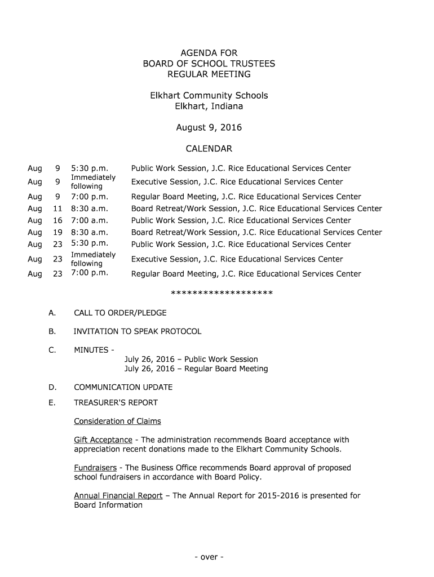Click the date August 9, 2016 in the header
[x=209, y=127]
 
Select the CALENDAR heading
[x=209, y=149]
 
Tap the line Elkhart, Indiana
[x=209, y=106]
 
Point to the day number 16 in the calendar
[x=57, y=220]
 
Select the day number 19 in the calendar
[x=57, y=232]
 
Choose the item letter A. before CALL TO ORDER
[x=52, y=313]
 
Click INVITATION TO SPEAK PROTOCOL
[x=137, y=331]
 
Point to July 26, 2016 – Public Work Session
[x=191, y=359]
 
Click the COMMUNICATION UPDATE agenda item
[x=123, y=387]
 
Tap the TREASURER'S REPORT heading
[x=116, y=402]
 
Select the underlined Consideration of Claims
[x=117, y=421]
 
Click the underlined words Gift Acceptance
[x=103, y=440]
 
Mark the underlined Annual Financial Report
[x=118, y=496]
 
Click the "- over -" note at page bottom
[x=209, y=557]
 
